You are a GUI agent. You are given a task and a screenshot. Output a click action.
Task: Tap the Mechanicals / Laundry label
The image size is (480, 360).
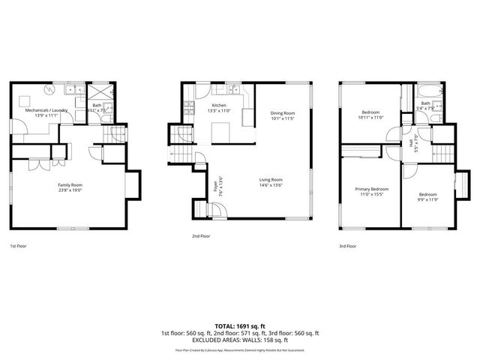click(46, 110)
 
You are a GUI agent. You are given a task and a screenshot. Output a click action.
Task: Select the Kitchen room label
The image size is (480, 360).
click(219, 106)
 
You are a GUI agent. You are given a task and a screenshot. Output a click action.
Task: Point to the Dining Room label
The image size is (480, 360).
click(283, 113)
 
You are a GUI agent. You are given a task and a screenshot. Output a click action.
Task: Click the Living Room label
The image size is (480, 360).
click(271, 180)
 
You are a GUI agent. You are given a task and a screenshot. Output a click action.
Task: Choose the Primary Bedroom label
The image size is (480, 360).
click(372, 189)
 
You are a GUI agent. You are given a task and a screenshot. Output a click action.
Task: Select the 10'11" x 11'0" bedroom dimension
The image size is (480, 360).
click(371, 118)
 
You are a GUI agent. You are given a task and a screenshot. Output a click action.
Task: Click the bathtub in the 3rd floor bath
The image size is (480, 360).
click(426, 93)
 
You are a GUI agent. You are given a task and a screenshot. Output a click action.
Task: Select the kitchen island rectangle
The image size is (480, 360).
click(220, 132)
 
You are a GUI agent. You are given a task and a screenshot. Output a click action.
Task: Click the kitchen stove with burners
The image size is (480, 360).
click(190, 110)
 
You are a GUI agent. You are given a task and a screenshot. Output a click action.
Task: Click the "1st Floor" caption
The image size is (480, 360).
click(19, 246)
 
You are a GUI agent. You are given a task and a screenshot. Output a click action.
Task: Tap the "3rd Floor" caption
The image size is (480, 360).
click(347, 246)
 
